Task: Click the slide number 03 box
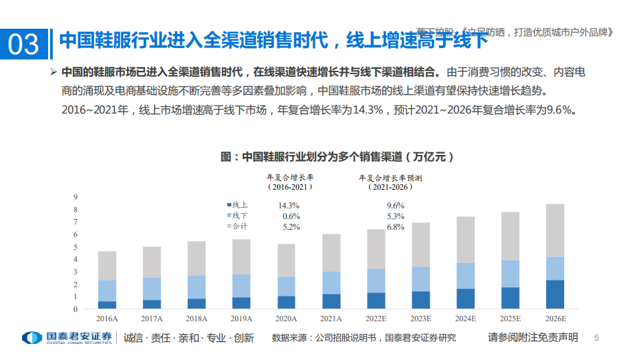[24, 44]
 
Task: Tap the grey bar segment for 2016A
[107, 266]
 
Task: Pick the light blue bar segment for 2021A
[332, 283]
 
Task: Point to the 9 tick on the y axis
[76, 196]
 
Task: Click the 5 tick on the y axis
[76, 246]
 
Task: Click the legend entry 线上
[239, 206]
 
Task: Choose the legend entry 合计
[239, 227]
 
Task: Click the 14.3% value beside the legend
[289, 206]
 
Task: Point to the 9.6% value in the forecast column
[396, 206]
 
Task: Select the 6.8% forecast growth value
[396, 227]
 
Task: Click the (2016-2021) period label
[289, 188]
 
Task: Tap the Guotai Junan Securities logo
[67, 337]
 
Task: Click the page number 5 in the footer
[597, 338]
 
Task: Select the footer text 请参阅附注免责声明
[533, 337]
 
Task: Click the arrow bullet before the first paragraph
[53, 71]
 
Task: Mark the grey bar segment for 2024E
[466, 240]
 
